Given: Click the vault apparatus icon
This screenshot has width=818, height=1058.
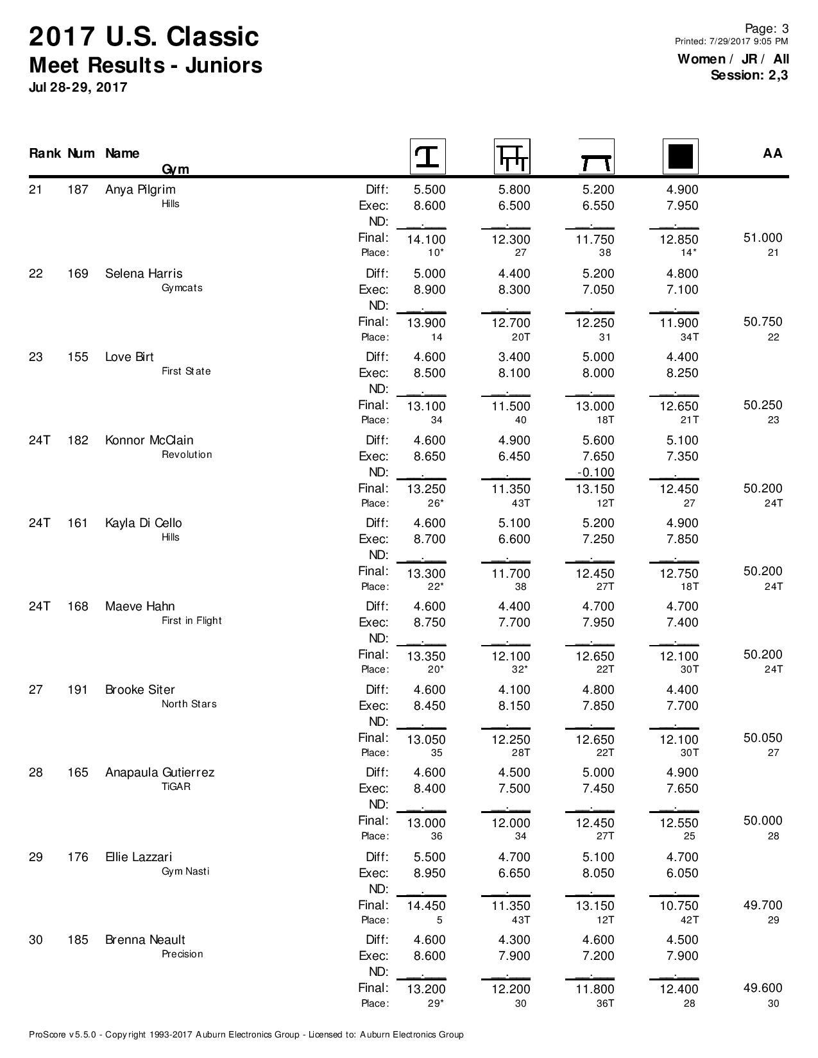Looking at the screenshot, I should [427, 156].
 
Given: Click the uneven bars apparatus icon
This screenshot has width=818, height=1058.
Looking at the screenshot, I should [511, 156].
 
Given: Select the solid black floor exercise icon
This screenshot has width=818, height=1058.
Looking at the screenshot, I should [680, 156].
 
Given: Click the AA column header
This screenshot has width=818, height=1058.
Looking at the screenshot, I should [772, 153].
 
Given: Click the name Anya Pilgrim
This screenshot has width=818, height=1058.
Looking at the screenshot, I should [140, 190].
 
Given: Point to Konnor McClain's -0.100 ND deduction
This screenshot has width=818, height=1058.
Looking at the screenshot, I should [595, 473].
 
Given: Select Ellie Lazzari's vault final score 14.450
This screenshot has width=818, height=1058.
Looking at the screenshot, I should [427, 906].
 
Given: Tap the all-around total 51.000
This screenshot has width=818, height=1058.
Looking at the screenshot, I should [763, 238].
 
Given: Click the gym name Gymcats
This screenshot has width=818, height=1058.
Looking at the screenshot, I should [182, 288].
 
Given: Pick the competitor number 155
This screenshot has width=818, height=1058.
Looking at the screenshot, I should [78, 357].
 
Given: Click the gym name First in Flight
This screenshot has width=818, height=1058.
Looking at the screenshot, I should [192, 621].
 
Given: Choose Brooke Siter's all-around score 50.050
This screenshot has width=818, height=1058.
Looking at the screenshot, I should [763, 738].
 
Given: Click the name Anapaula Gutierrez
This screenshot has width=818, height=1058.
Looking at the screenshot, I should [160, 773].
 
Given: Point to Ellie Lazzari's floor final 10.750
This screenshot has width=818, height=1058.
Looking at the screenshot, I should [679, 906].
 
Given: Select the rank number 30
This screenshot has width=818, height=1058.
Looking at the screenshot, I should [36, 940].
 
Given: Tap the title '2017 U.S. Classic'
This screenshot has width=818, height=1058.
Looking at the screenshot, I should [144, 37].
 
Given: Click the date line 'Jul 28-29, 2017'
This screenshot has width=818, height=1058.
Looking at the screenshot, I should [78, 87].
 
